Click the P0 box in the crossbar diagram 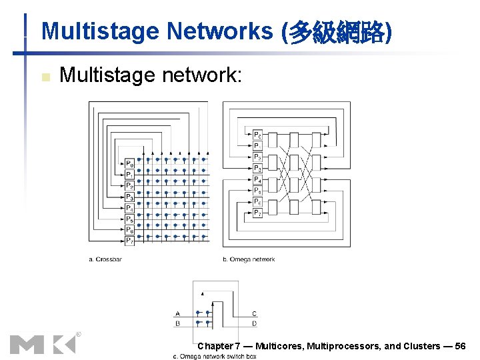pyautogui.click(x=129, y=164)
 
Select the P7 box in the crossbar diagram pyautogui.click(x=129, y=241)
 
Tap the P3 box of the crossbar pyautogui.click(x=129, y=197)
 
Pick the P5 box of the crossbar pyautogui.click(x=129, y=219)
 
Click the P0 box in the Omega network pyautogui.click(x=257, y=135)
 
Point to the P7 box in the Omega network pyautogui.click(x=257, y=213)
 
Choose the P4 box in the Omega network pyautogui.click(x=257, y=179)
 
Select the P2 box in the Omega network pyautogui.click(x=257, y=157)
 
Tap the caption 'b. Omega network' pyautogui.click(x=248, y=259)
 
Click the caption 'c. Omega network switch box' pyautogui.click(x=215, y=357)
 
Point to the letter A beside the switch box pyautogui.click(x=177, y=313)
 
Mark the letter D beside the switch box pyautogui.click(x=254, y=324)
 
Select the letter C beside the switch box pyautogui.click(x=254, y=313)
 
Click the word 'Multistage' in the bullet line pyautogui.click(x=107, y=75)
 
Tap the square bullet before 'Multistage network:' pyautogui.click(x=45, y=77)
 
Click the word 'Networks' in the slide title pyautogui.click(x=221, y=31)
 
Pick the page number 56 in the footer pyautogui.click(x=460, y=346)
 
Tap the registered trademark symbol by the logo pyautogui.click(x=78, y=334)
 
